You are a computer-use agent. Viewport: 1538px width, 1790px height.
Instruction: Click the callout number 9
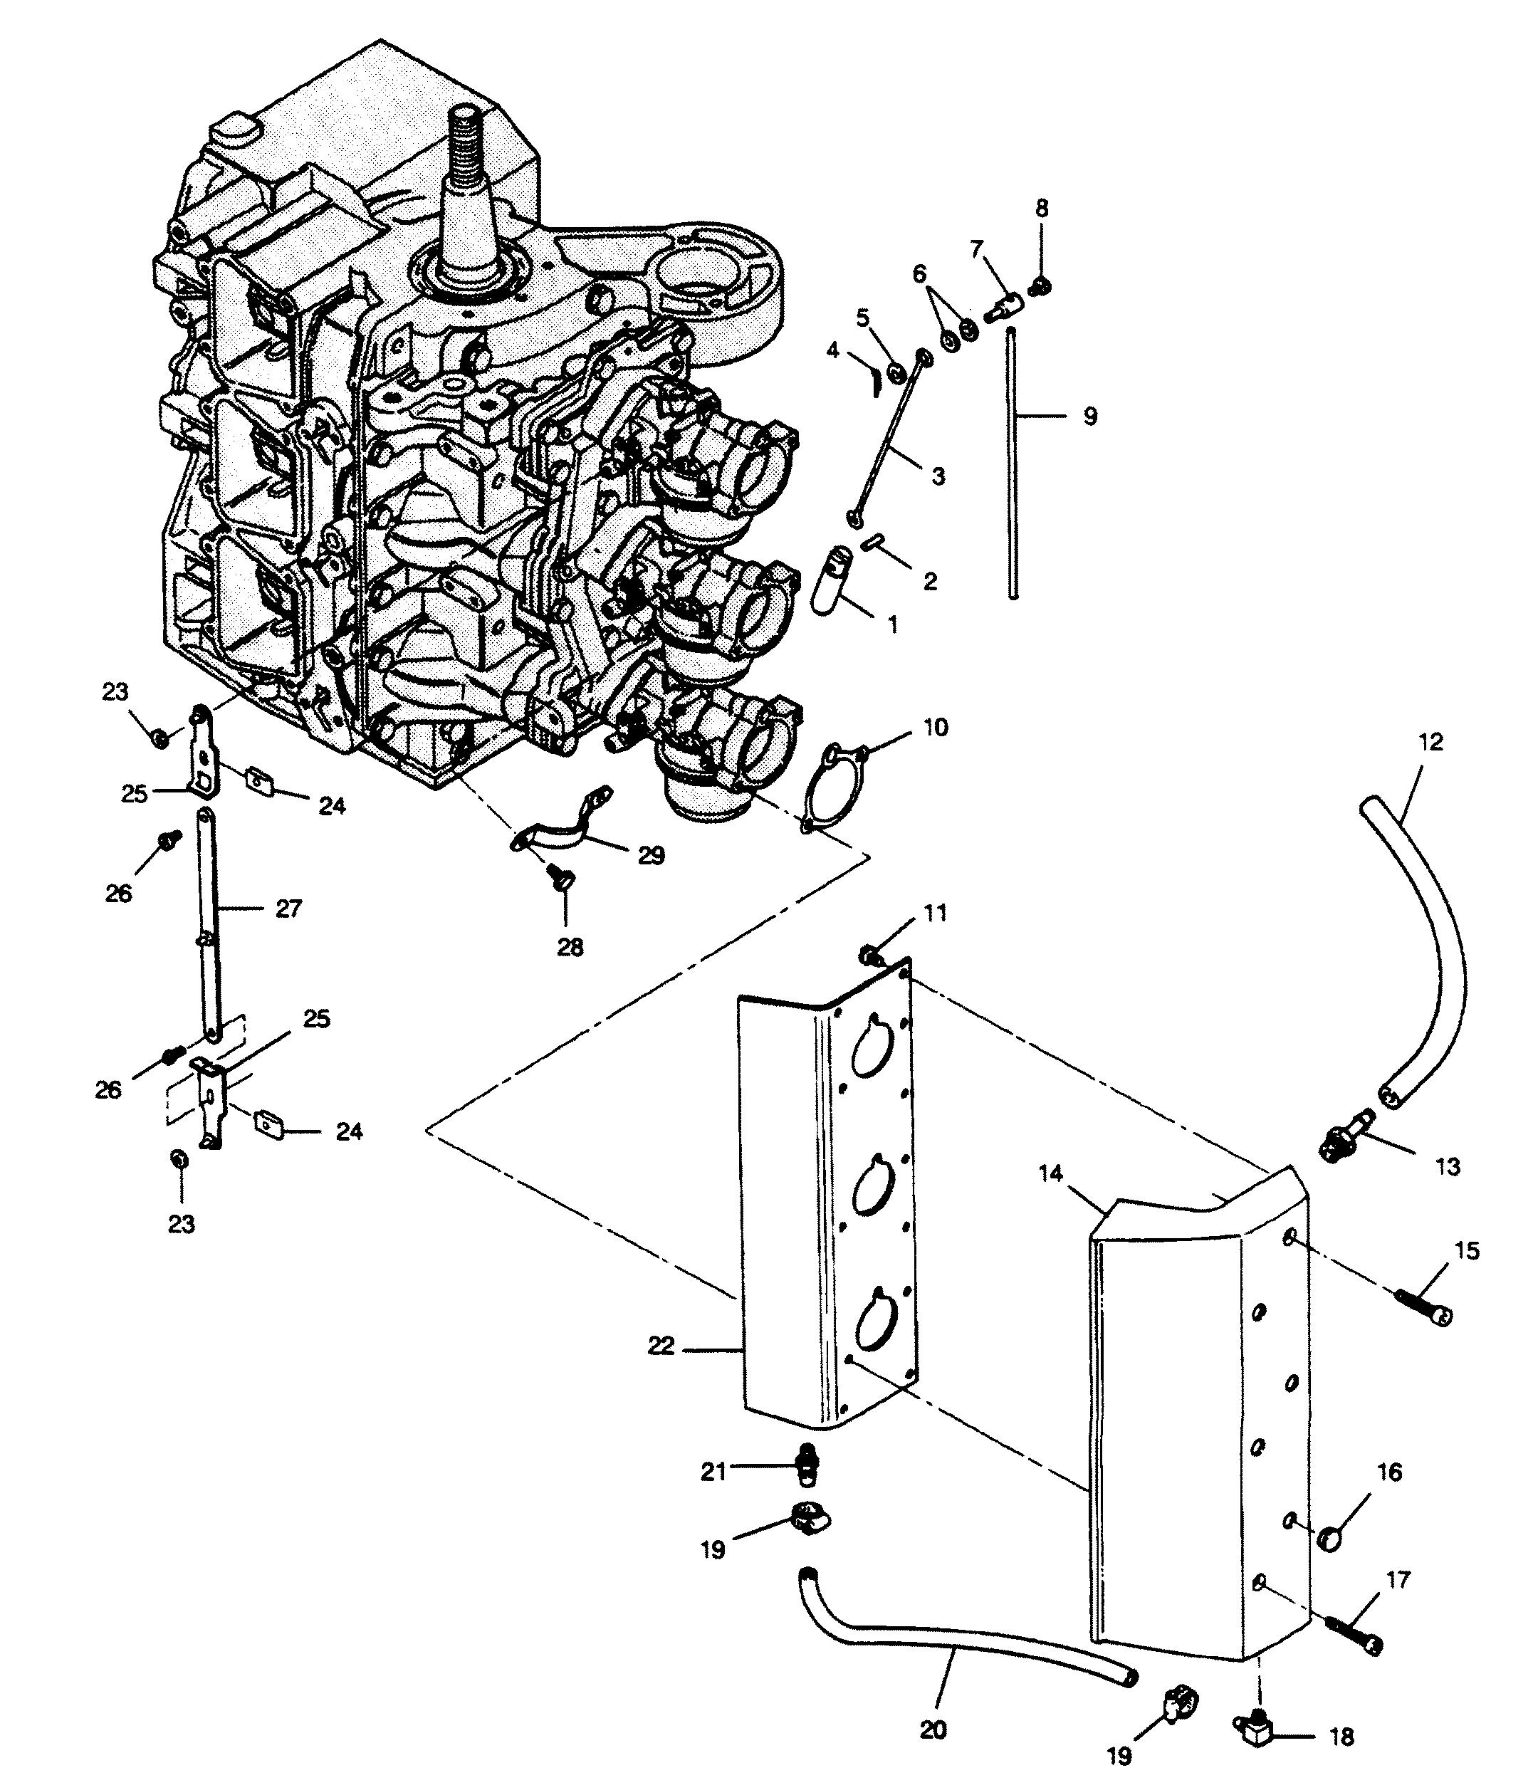click(1089, 417)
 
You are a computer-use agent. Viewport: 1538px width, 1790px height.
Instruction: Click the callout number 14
click(1051, 1174)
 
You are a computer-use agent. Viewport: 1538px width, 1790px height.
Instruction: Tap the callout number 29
click(652, 855)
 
